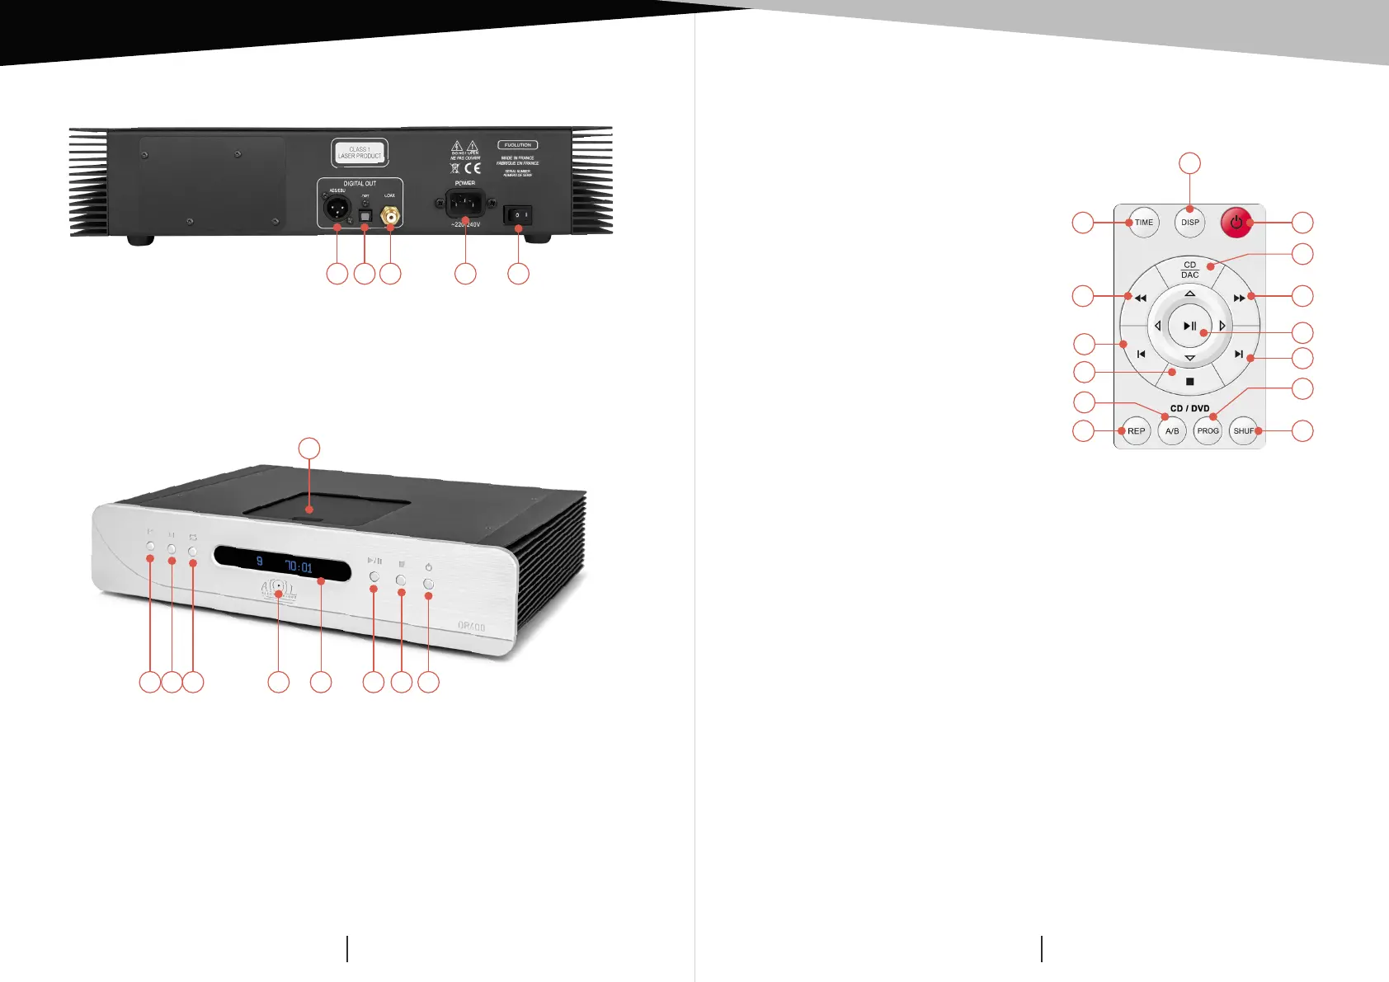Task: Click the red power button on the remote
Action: click(1236, 223)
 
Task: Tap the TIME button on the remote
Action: click(1143, 223)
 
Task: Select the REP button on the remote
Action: click(1136, 431)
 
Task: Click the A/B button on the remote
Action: click(1172, 431)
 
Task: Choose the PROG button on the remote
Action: click(1208, 431)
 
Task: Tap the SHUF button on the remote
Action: click(1243, 431)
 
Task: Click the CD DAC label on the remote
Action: click(1189, 270)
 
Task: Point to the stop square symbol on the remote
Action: click(1189, 382)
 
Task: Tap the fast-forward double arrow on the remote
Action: click(1239, 298)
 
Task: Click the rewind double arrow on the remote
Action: click(1141, 298)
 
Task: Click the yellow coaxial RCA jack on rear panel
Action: click(390, 217)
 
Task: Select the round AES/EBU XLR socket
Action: click(337, 209)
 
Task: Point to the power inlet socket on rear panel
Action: click(464, 203)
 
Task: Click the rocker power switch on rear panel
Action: click(518, 215)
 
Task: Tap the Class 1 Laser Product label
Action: click(360, 153)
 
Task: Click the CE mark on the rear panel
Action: click(472, 168)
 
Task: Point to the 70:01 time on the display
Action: click(299, 567)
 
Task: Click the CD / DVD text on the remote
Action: click(1189, 409)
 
